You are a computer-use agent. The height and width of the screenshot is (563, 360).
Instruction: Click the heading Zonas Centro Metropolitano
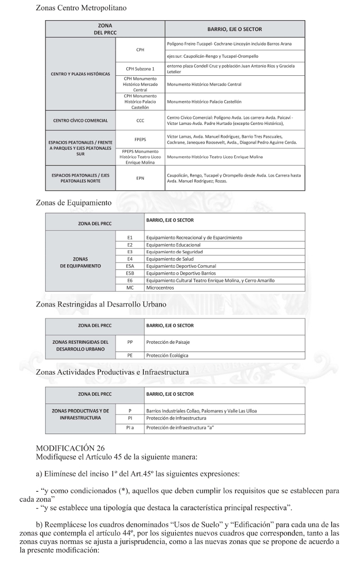coord(81,8)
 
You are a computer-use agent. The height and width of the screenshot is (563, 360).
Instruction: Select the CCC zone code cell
coord(140,121)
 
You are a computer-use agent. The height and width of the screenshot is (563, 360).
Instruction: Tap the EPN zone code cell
coord(140,179)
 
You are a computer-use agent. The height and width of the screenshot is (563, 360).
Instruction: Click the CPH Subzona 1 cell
coord(140,69)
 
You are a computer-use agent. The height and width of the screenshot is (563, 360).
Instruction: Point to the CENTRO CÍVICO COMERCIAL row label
coord(80,121)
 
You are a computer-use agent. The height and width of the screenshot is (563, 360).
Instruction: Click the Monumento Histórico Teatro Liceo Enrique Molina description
coord(215,156)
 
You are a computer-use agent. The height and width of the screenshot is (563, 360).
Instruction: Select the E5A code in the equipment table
coord(130,266)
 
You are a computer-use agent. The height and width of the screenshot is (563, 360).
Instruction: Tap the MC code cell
coord(130,288)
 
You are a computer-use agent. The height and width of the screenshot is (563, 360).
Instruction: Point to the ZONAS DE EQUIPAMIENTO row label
coord(80,263)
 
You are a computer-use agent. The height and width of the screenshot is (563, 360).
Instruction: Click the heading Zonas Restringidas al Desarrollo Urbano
coord(101,304)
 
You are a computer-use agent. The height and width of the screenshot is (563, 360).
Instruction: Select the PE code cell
coord(130,355)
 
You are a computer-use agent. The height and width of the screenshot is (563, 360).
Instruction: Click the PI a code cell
coord(130,428)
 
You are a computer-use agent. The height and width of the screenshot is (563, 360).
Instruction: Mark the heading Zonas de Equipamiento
coord(73,203)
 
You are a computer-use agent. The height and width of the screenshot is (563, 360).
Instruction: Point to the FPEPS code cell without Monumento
coord(140,139)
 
